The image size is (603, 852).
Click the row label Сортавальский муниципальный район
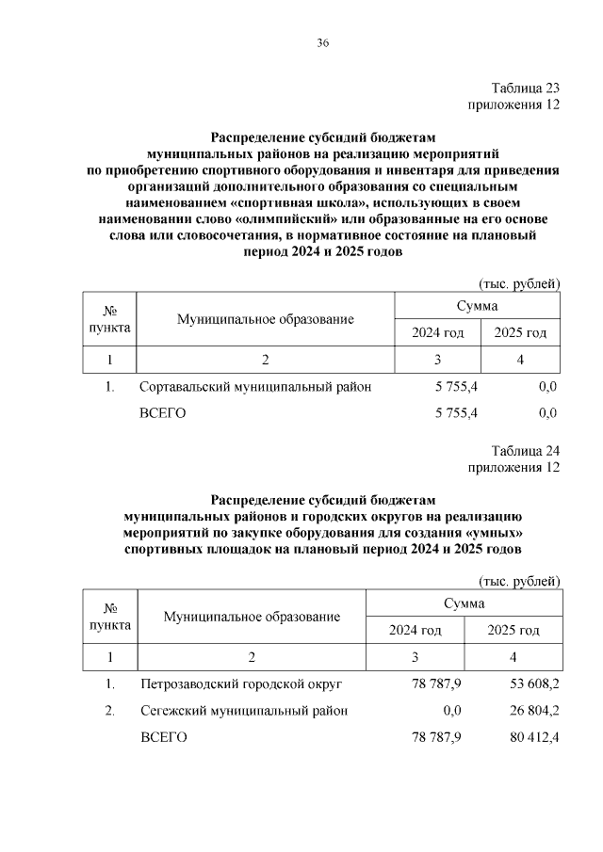[254, 387]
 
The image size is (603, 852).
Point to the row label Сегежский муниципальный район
[243, 711]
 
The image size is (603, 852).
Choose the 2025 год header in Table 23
[521, 333]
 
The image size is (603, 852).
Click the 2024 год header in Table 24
[416, 630]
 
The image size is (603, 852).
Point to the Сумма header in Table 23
[478, 306]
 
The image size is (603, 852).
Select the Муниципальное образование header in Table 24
[252, 617]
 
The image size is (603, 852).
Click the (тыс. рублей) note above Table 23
[520, 282]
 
